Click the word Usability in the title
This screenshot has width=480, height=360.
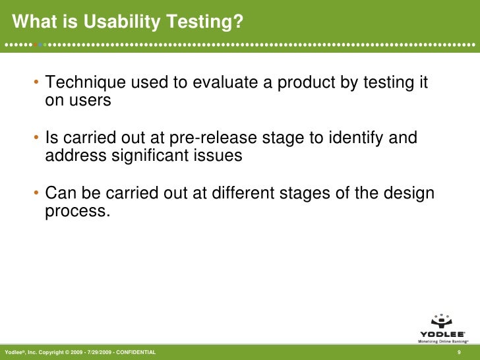(x=118, y=23)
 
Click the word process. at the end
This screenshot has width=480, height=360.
(x=75, y=212)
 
